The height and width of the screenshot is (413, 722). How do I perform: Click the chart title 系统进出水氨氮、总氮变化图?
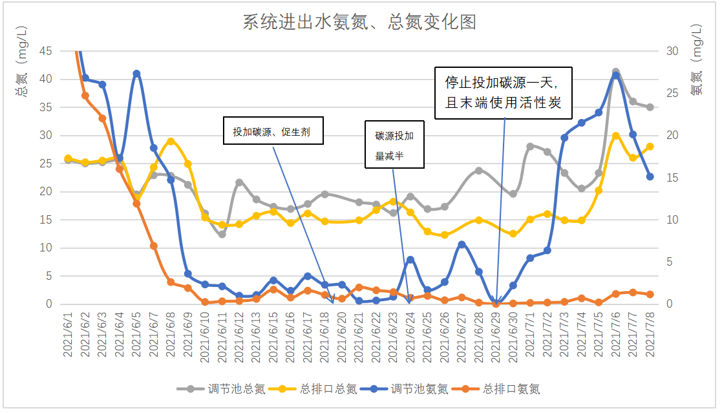point(359,23)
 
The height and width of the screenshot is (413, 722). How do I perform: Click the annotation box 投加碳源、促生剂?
point(272,132)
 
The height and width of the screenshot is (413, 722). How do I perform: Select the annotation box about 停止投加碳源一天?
point(503,93)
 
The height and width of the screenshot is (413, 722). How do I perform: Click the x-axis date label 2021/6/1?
point(69,334)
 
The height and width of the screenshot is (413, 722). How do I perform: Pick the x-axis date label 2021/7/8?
point(650,334)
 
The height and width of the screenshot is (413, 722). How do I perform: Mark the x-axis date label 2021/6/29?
point(496,334)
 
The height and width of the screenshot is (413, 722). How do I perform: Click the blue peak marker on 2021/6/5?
point(136,74)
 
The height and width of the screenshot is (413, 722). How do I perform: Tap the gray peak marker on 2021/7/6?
point(616,72)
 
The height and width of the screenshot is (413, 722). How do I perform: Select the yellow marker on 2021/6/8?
point(171,142)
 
